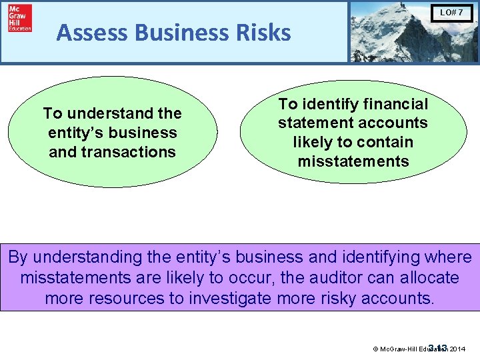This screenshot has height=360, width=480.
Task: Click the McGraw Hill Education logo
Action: [19, 19]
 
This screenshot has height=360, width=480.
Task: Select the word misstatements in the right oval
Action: [353, 161]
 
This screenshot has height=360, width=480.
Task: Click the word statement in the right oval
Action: [314, 123]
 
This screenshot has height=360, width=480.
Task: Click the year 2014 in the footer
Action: [458, 348]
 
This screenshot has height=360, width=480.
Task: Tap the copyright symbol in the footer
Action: [375, 348]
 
